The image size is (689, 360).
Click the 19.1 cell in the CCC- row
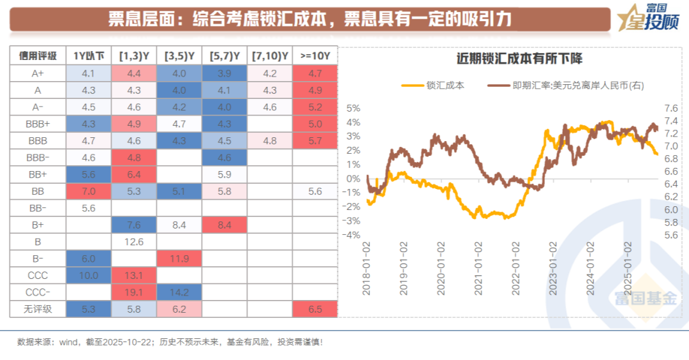point(135,293)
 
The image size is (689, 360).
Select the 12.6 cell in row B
point(135,241)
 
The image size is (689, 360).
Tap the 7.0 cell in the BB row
point(89,191)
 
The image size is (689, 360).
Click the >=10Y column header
point(315,56)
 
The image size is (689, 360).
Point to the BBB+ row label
point(38,124)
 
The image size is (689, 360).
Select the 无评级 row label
point(38,310)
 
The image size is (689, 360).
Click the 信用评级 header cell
point(38,56)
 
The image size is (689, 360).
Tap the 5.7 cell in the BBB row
point(315,140)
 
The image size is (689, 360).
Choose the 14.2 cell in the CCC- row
point(180,293)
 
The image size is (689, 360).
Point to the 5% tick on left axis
point(353,108)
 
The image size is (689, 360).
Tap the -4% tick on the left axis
point(351,235)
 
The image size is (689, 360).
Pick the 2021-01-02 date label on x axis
point(476,268)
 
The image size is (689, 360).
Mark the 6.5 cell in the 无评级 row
point(315,310)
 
